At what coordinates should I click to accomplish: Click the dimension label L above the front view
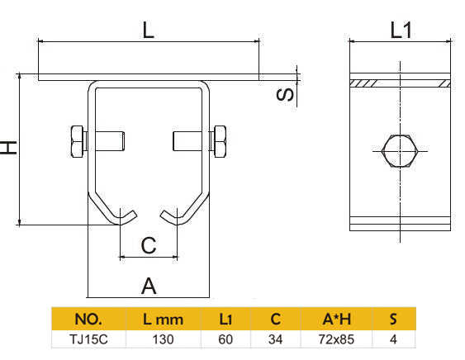coord(148,31)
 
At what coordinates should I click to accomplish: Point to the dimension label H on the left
coord(9,148)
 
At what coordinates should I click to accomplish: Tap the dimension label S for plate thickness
coord(283,94)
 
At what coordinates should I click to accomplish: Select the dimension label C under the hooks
coord(148,245)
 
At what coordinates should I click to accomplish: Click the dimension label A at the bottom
coord(148,286)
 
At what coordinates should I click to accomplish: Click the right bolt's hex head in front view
coord(220,141)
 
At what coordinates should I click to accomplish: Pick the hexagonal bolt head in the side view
coord(401,151)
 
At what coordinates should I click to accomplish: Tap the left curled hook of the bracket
coord(121,216)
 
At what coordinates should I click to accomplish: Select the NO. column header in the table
coord(88,319)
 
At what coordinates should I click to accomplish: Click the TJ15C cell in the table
coord(88,339)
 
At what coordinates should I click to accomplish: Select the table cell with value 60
coord(225,339)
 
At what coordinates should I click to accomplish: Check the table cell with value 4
coord(393,339)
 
